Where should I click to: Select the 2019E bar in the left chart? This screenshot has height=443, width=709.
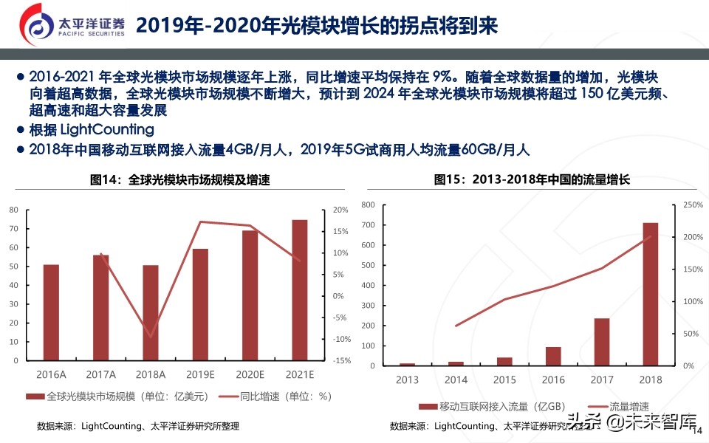tap(200, 306)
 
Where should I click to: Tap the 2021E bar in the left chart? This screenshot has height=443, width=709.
tap(300, 291)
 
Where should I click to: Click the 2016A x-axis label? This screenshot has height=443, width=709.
tap(51, 374)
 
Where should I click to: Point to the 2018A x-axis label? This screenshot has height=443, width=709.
tap(151, 374)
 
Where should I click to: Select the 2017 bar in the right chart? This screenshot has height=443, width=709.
tap(602, 342)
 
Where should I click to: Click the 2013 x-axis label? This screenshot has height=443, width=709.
tap(407, 380)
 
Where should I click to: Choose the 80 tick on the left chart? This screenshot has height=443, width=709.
tap(13, 210)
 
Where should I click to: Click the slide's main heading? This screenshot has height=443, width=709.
tap(317, 26)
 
